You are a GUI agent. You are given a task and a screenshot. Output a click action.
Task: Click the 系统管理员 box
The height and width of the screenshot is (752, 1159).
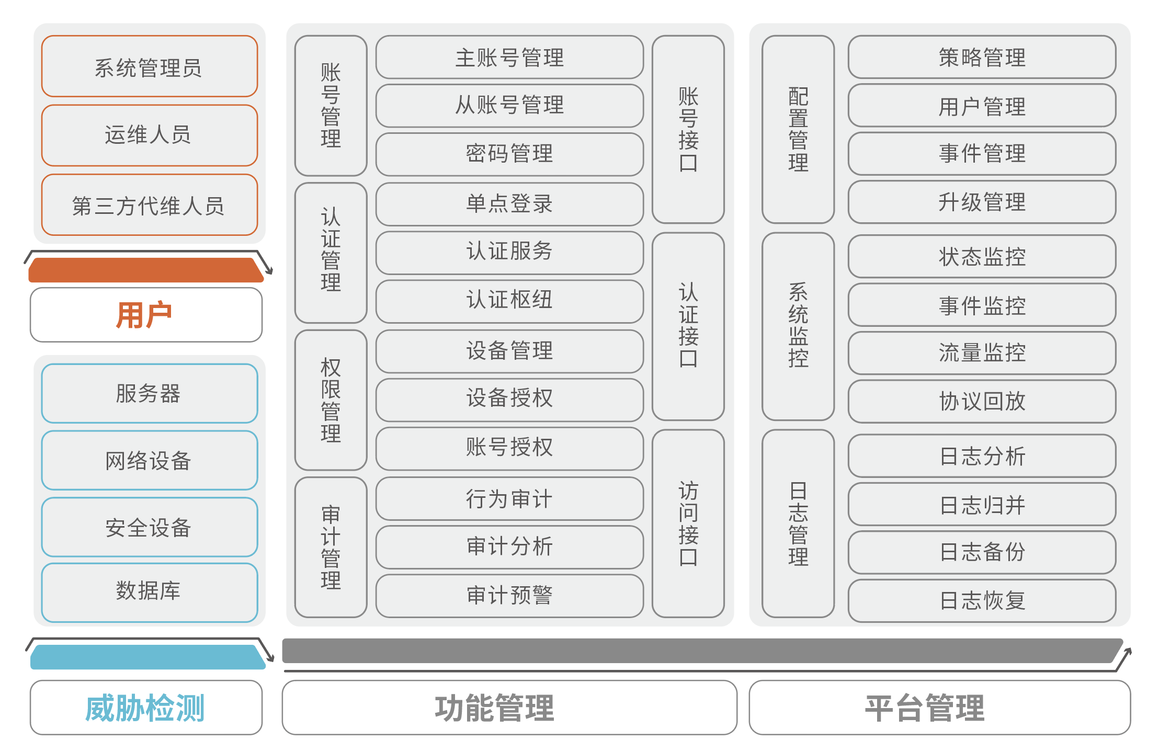(x=149, y=66)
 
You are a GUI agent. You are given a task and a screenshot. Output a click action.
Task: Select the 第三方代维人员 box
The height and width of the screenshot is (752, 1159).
(x=149, y=205)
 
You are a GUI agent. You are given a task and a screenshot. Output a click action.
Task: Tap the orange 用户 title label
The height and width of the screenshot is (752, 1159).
(x=145, y=315)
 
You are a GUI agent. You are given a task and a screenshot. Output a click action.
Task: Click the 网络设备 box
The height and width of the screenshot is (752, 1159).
(x=149, y=460)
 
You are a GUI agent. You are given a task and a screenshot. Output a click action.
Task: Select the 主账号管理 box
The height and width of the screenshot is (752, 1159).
(x=509, y=57)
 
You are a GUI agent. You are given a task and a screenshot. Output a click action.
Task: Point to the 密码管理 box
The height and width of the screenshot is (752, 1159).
(x=509, y=154)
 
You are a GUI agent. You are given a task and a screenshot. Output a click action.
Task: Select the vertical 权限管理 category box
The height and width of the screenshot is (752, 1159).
(x=331, y=400)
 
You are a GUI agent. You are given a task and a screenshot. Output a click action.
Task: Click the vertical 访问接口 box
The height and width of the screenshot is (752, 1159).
(x=688, y=523)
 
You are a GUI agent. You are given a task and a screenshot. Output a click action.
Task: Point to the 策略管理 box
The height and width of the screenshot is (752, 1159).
(x=982, y=57)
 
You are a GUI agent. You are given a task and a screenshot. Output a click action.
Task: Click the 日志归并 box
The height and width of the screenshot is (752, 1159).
(x=982, y=504)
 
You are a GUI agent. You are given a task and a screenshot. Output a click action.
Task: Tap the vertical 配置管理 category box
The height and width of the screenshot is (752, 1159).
(x=798, y=129)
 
